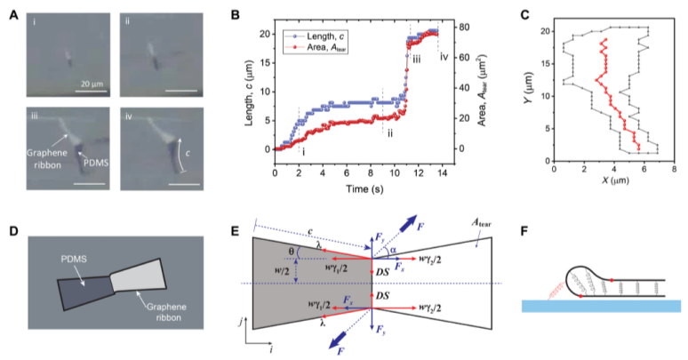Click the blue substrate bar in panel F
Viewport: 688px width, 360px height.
click(x=599, y=305)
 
